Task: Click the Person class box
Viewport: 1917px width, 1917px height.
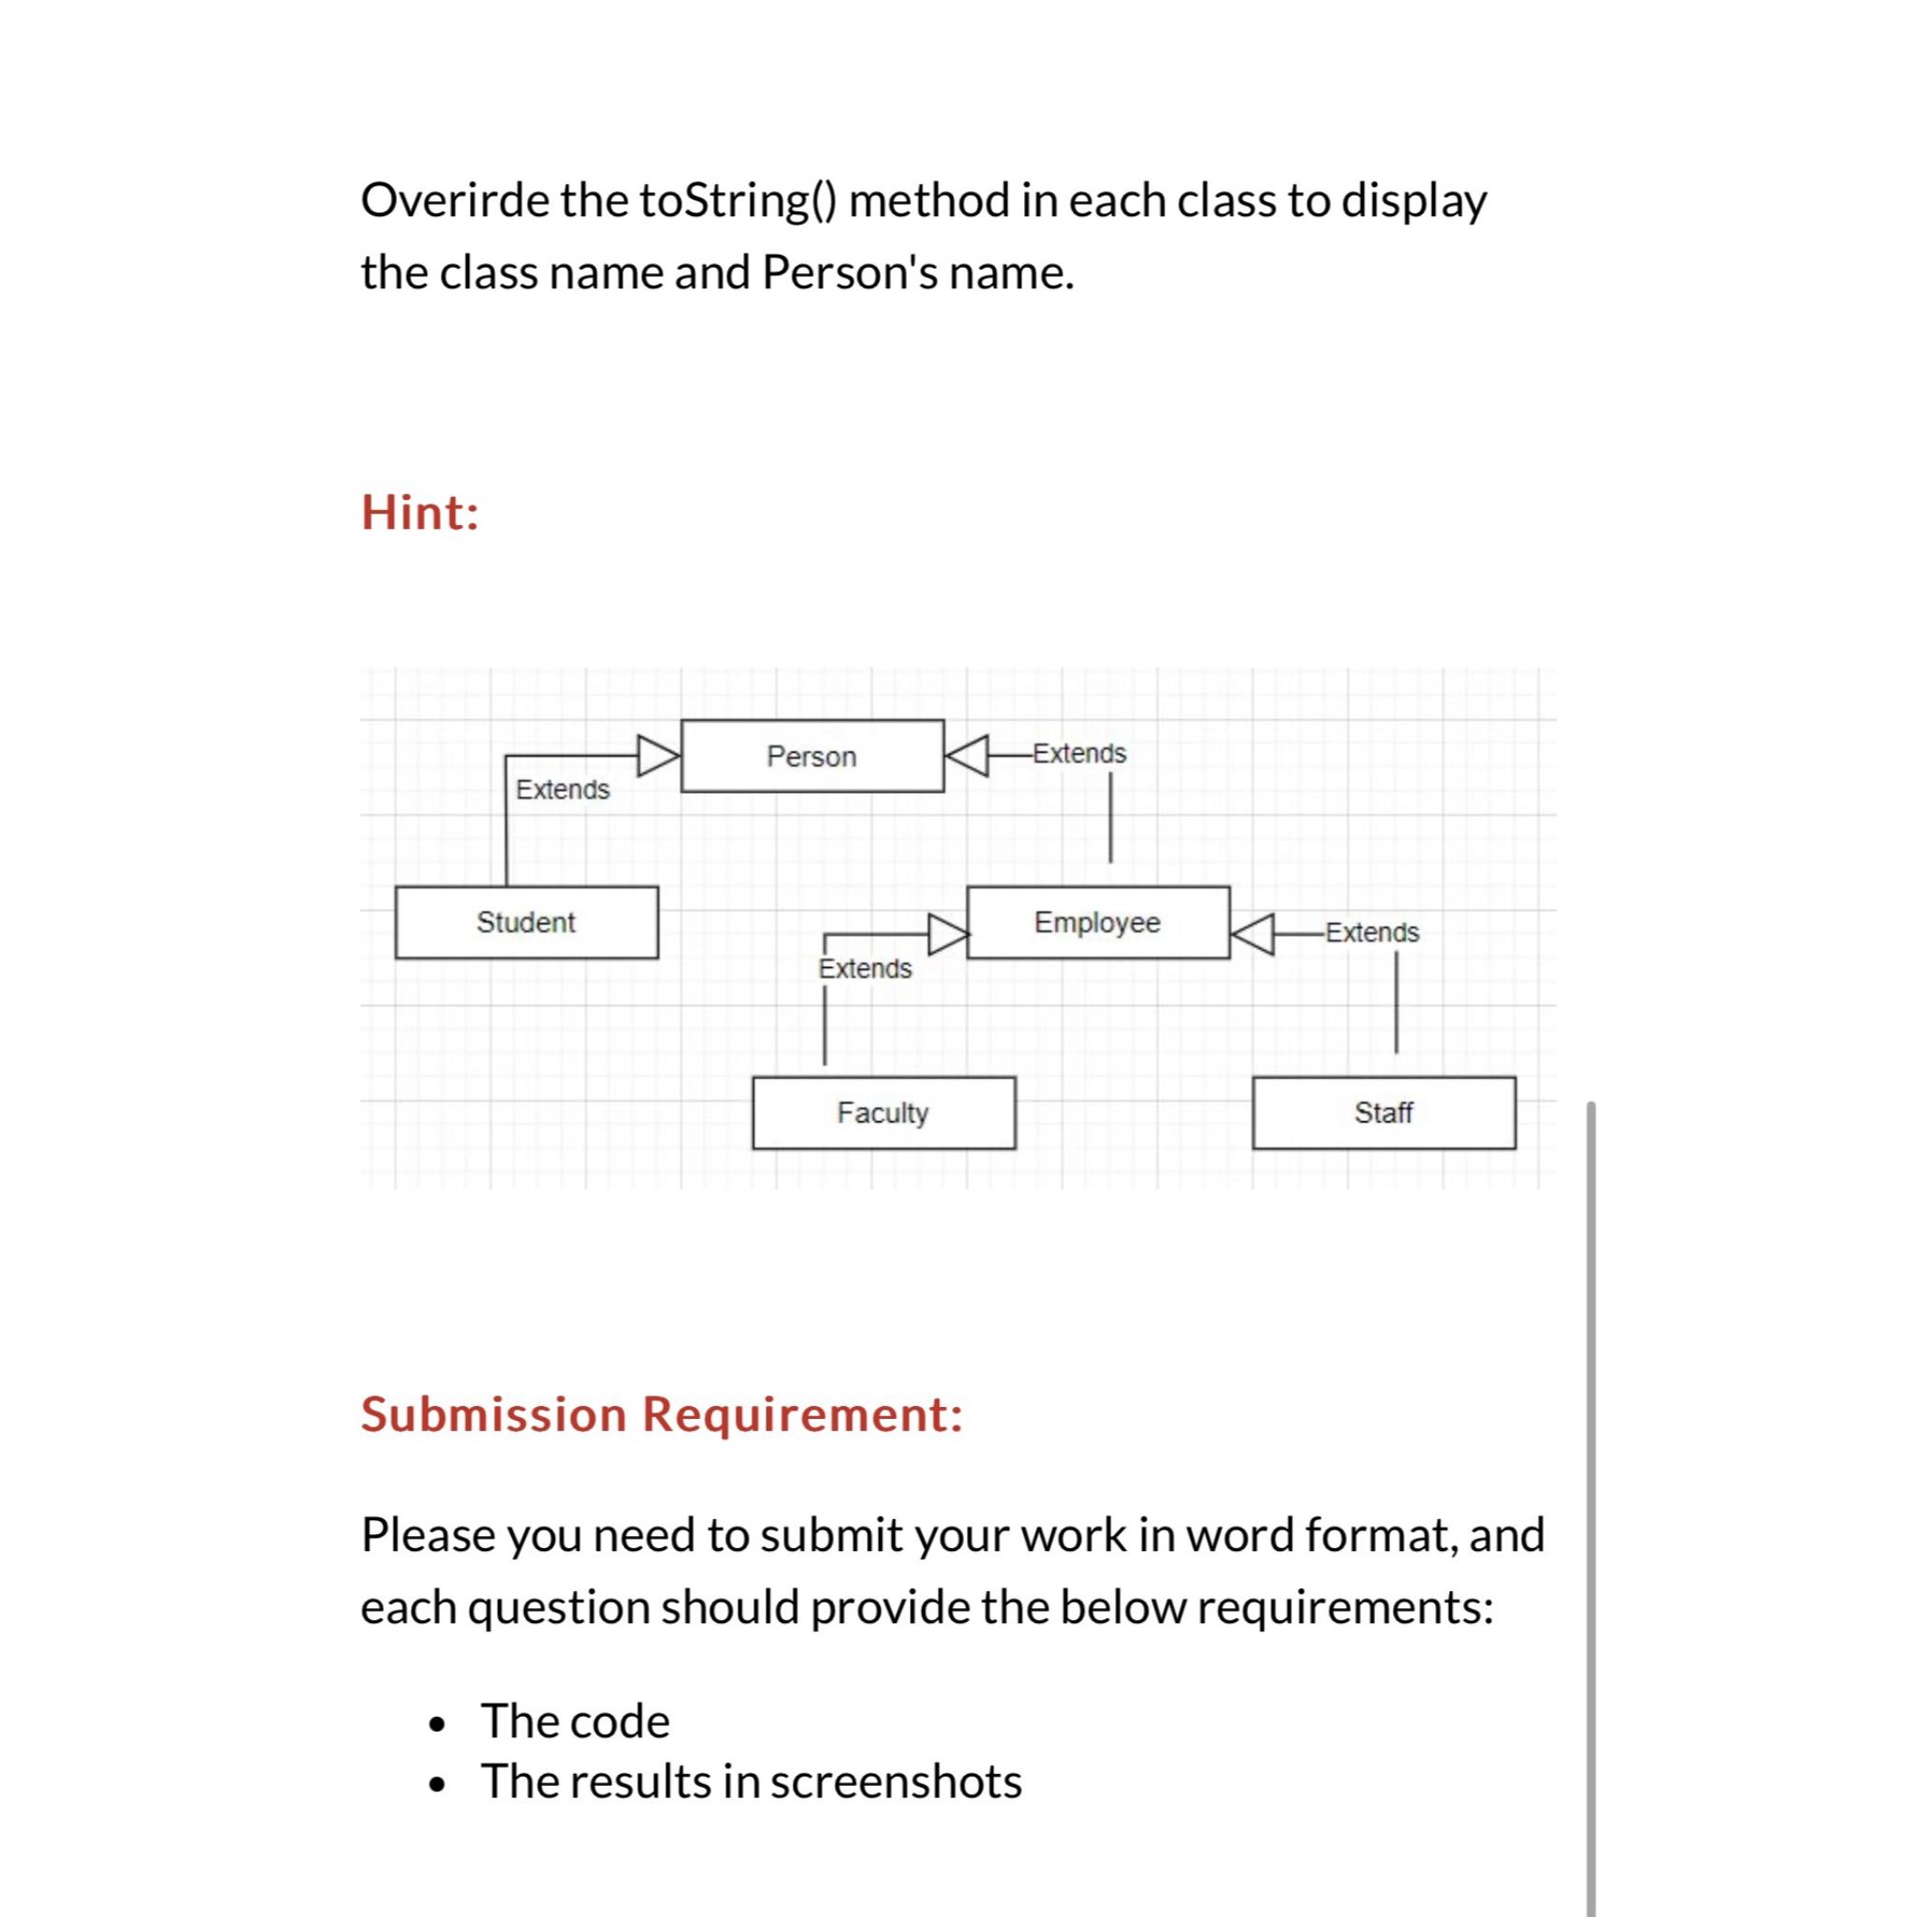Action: pyautogui.click(x=812, y=756)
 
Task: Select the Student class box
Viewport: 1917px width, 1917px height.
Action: pyautogui.click(x=526, y=922)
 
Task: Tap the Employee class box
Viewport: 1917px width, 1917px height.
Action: pyautogui.click(x=1097, y=922)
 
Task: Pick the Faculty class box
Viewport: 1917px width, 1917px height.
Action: pyautogui.click(x=883, y=1112)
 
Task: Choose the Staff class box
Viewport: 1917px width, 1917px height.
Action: pyautogui.click(x=1383, y=1112)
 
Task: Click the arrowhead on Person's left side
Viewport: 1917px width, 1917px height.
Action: pyautogui.click(x=658, y=755)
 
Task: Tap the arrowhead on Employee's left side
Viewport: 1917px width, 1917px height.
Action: pyautogui.click(x=947, y=933)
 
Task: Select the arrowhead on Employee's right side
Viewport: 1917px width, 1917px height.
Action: pyautogui.click(x=1253, y=933)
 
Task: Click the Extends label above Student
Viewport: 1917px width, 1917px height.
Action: pyautogui.click(x=563, y=790)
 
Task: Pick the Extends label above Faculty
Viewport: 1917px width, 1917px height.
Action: pyautogui.click(x=864, y=969)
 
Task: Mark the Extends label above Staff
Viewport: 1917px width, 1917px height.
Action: pyautogui.click(x=1372, y=932)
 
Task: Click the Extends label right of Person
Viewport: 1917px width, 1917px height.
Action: pyautogui.click(x=1079, y=754)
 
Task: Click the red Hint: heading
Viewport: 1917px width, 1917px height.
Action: pyautogui.click(x=419, y=513)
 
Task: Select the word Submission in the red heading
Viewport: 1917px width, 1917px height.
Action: pyautogui.click(x=493, y=1414)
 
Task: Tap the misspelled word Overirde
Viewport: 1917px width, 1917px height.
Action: pyautogui.click(x=454, y=200)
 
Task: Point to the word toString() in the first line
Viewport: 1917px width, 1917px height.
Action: pyautogui.click(x=739, y=200)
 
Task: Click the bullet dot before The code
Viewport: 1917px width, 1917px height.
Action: pyautogui.click(x=434, y=1724)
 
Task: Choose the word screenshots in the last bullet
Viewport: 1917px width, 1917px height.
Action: pyautogui.click(x=896, y=1781)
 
